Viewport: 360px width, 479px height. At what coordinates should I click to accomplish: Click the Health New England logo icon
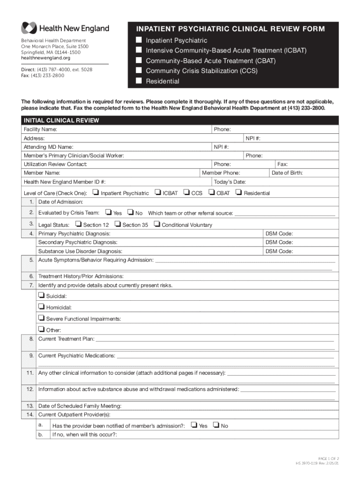point(29,29)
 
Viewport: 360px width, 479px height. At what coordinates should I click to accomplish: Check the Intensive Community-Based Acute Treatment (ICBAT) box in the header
point(139,50)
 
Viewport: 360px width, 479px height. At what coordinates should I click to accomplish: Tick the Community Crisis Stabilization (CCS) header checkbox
point(139,71)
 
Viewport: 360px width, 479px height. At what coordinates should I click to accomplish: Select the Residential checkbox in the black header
point(139,81)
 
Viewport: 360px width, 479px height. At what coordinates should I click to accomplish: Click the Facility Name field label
point(41,129)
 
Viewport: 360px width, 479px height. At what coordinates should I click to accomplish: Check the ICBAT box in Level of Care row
point(158,192)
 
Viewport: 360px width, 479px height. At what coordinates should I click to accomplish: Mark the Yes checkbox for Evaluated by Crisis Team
point(109,213)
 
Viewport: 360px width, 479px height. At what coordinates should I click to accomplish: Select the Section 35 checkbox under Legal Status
point(118,225)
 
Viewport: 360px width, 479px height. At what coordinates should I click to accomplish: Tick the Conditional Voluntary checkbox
point(157,225)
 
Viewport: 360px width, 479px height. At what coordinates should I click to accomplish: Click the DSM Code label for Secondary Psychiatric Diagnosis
point(279,242)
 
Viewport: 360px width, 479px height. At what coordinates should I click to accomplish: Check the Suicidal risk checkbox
point(42,296)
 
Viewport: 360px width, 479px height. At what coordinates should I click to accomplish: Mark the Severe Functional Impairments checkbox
point(42,318)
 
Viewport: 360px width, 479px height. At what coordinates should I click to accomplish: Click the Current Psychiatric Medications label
point(77,356)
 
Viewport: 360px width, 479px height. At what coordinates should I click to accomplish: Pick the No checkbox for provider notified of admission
point(216,425)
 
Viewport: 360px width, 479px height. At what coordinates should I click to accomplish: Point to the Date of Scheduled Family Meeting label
point(80,406)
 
